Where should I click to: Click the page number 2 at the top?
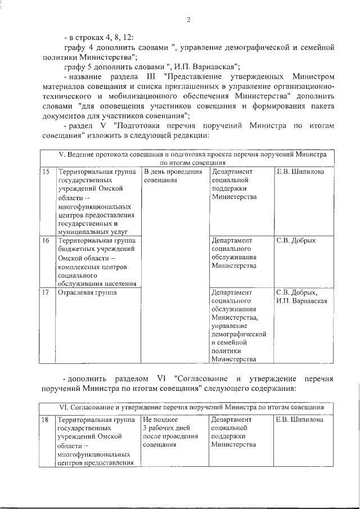tap(189, 21)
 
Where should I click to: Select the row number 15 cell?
tap(46, 172)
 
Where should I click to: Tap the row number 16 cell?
tap(46, 240)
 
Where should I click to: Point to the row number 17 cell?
tap(46, 292)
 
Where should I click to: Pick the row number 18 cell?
tap(46, 420)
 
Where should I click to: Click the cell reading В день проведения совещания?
tap(172, 176)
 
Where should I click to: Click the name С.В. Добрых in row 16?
tap(296, 240)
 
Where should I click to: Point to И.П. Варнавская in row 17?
tap(302, 301)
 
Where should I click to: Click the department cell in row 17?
tap(238, 325)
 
